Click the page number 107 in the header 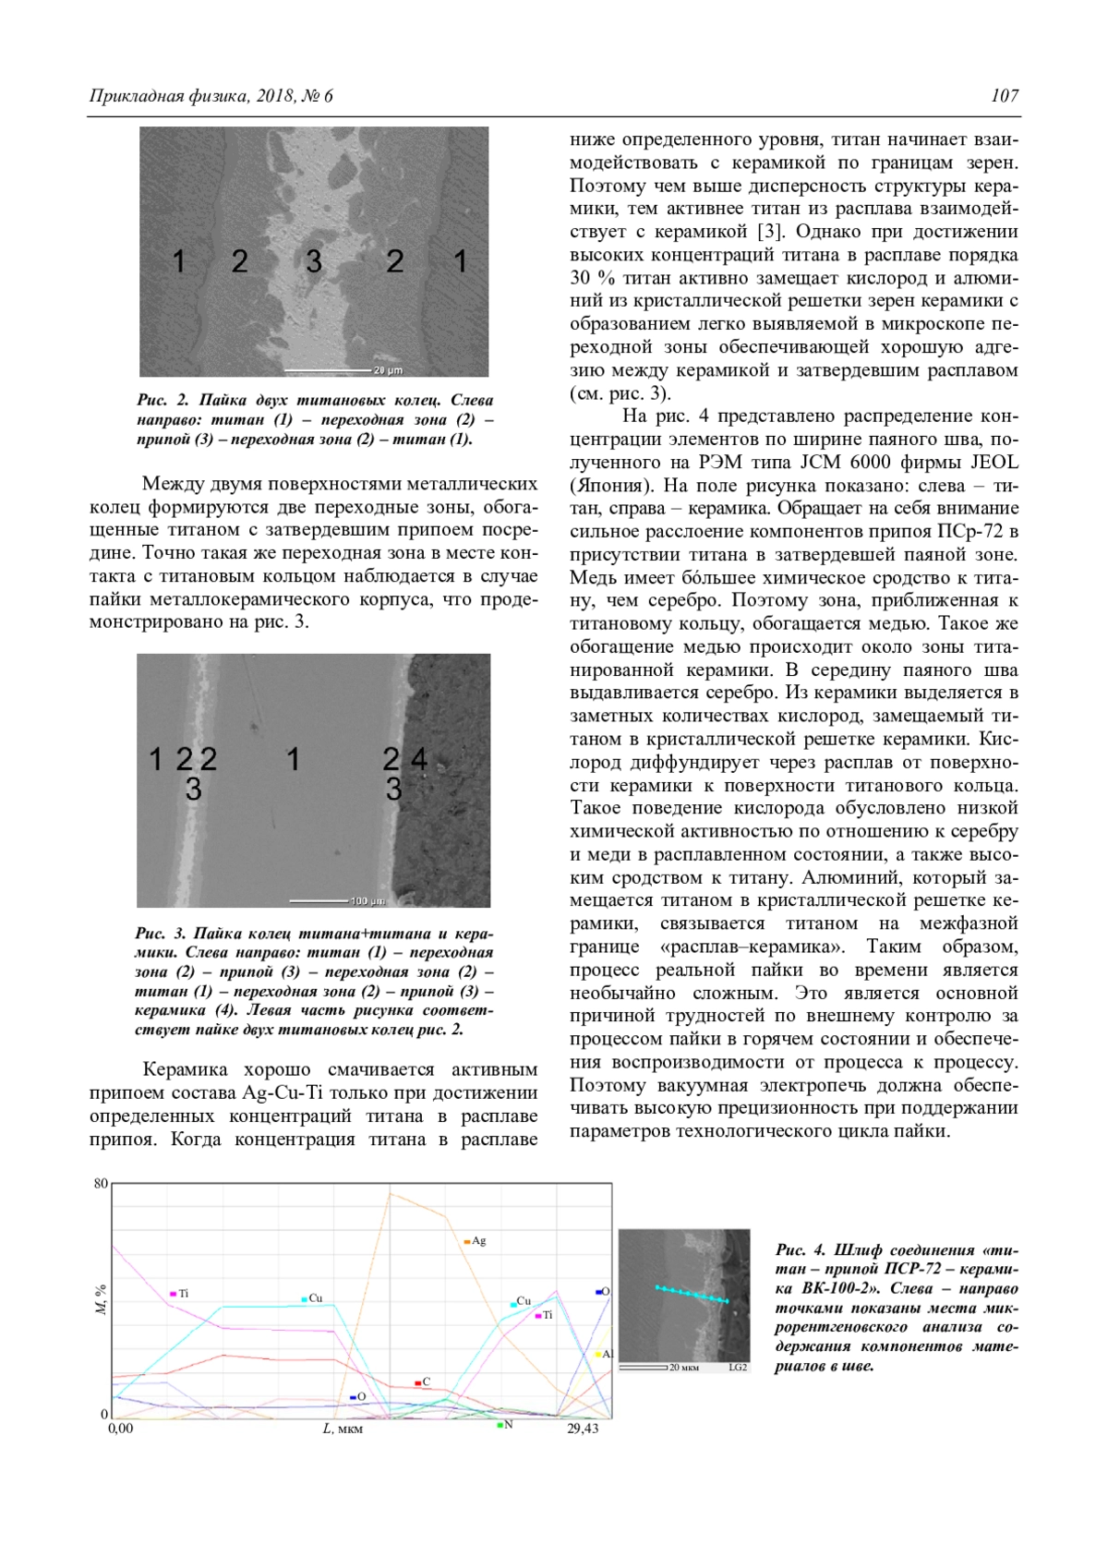coord(1005,95)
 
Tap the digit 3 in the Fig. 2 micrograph coord(314,261)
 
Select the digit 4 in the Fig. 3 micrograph coord(419,759)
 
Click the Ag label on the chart coord(478,1241)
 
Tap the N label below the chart coord(508,1425)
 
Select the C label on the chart coord(426,1382)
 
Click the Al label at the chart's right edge coord(607,1354)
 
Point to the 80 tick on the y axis coord(101,1184)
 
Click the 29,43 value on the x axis coord(583,1429)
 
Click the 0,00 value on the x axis coord(121,1429)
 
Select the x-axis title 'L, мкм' coord(343,1429)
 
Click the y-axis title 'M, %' coord(101,1298)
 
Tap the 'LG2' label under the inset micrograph coord(738,1368)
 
